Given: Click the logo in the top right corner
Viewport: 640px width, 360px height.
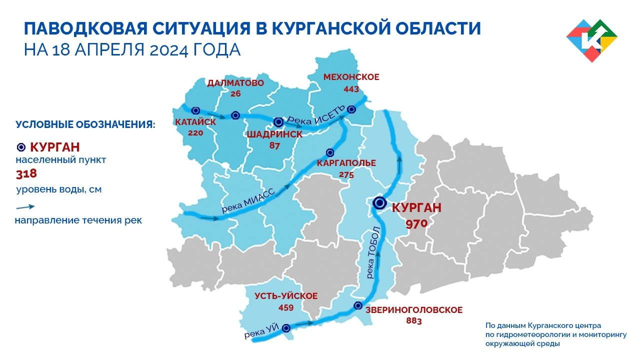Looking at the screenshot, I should (592, 40).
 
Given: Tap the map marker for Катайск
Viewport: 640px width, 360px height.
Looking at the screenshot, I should (195, 110).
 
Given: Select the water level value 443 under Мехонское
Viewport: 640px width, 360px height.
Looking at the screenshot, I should (351, 89).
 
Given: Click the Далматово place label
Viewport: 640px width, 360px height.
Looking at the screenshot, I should (235, 83).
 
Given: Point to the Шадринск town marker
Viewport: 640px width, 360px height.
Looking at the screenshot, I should (279, 121).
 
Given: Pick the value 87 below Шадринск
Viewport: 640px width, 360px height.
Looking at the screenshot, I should (274, 146).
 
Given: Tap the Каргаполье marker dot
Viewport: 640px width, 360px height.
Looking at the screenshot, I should (330, 152).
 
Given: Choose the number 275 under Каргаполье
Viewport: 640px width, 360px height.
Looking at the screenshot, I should (346, 175).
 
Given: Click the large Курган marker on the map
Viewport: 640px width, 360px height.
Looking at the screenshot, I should (379, 203).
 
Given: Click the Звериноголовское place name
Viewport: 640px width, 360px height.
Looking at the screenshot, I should (413, 310).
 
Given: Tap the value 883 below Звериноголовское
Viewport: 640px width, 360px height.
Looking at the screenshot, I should (413, 321).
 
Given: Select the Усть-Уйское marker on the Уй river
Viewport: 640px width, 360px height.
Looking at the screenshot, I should (286, 328).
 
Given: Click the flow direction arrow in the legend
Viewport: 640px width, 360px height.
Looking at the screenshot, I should (25, 207).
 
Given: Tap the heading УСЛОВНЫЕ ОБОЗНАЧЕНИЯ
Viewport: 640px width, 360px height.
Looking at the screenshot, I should (85, 124).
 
